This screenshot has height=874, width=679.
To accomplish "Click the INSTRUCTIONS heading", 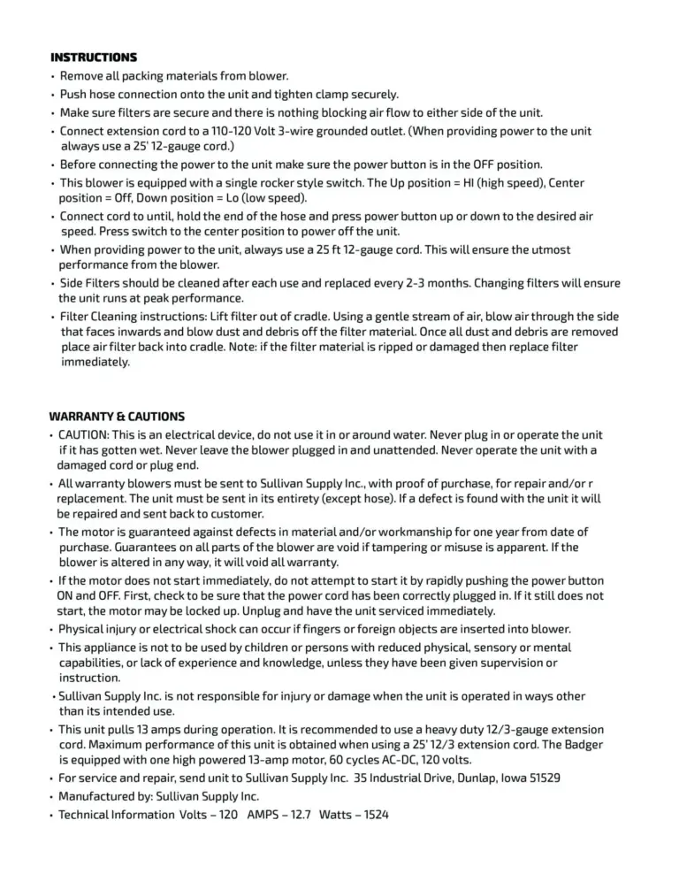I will pos(94,57).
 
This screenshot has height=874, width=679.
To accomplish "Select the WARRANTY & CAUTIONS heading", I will pos(117,416).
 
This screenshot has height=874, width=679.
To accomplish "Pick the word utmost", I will pos(547,250).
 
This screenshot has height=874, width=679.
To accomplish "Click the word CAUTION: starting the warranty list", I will pos(83,435).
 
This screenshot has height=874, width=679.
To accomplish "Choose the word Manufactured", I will pos(96,796).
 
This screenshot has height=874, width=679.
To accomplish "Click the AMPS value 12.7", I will pos(300,815).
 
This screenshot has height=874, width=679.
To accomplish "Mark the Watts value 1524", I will pos(374,815).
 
